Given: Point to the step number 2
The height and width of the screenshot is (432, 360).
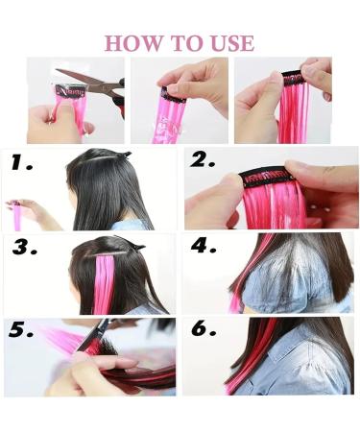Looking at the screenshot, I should pyautogui.click(x=202, y=161).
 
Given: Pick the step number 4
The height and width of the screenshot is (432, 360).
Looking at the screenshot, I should pyautogui.click(x=203, y=247).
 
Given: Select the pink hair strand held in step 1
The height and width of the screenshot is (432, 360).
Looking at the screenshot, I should pyautogui.click(x=17, y=215).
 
